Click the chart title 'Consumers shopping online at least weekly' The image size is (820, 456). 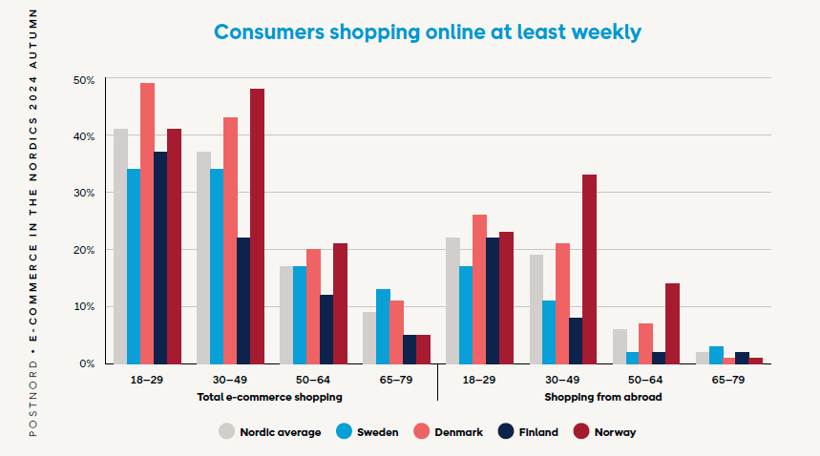click(x=427, y=31)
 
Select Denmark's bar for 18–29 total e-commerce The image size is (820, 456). click(x=147, y=223)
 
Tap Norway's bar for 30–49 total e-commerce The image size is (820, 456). click(x=257, y=226)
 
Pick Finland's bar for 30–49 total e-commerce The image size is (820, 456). click(x=243, y=301)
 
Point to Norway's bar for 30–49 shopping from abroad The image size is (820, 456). click(x=589, y=269)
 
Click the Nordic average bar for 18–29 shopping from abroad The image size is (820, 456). click(x=452, y=301)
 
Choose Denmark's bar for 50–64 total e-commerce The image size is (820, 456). click(x=313, y=306)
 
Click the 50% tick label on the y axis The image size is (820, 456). click(x=84, y=80)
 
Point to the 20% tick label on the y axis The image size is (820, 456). click(x=84, y=250)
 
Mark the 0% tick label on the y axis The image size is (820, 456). click(x=87, y=363)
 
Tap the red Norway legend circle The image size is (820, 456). click(x=578, y=431)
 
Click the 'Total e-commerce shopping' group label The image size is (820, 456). click(x=270, y=396)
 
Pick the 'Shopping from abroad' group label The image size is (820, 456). click(x=603, y=396)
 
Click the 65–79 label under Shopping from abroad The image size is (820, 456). click(x=728, y=380)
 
